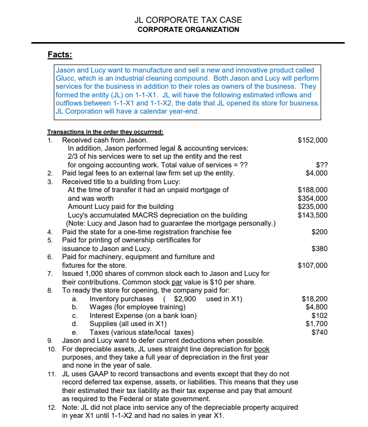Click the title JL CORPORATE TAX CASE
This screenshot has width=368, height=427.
(188, 20)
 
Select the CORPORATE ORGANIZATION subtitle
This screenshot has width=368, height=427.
(188, 29)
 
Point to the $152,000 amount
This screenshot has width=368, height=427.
(312, 140)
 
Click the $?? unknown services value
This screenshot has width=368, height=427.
(321, 165)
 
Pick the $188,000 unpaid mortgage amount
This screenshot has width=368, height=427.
(312, 190)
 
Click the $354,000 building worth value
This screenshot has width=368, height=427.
(312, 198)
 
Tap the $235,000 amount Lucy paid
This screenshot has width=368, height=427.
(312, 206)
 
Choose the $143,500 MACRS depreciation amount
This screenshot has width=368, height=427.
(312, 215)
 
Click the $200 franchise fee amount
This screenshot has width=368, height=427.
(319, 232)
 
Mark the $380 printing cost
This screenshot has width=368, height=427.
(319, 248)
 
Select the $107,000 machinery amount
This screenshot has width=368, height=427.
(312, 265)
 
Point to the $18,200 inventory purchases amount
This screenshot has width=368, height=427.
(314, 299)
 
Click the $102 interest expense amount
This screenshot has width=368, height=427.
(319, 315)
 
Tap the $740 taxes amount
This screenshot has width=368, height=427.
(319, 332)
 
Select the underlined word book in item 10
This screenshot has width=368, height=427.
(262, 349)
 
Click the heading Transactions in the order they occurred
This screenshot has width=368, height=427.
(105, 131)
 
